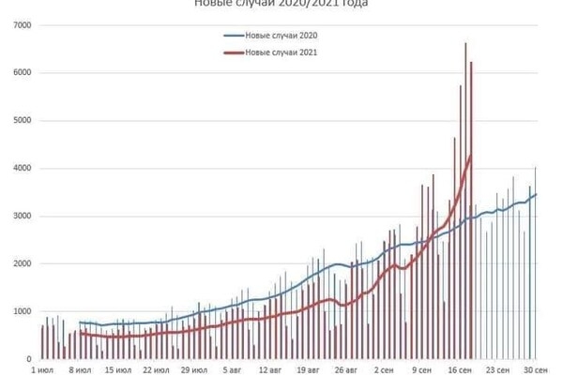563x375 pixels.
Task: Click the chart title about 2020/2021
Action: tap(281, 4)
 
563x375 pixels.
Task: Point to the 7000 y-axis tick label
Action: tap(23, 23)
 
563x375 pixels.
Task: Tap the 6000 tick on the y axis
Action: tap(23, 72)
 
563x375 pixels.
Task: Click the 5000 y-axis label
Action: tap(23, 120)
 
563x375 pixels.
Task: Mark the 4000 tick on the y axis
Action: tap(23, 168)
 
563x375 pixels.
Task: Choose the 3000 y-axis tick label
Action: tap(23, 216)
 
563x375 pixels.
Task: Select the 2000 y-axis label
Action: tap(23, 263)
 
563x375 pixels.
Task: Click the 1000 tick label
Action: tap(23, 311)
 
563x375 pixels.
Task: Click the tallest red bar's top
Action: tap(466, 43)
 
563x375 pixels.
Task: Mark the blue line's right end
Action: tap(536, 194)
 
